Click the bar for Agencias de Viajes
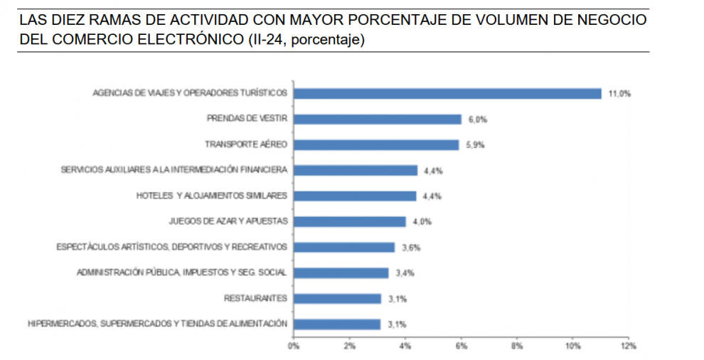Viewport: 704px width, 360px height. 447,93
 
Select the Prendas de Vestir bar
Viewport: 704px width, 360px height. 378,119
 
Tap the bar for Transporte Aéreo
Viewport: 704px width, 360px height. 376,144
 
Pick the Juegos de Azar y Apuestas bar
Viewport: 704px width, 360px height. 349,221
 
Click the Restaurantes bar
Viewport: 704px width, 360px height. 337,298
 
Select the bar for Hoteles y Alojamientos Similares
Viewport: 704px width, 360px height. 355,196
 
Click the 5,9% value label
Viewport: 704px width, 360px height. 474,144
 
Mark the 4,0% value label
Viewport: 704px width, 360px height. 420,221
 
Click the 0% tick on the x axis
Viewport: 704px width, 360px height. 293,346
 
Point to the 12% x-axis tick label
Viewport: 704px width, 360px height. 628,346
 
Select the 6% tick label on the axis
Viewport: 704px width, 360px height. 461,346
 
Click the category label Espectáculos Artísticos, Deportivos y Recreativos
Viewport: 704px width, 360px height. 171,247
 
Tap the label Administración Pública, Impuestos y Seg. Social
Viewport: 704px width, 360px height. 181,272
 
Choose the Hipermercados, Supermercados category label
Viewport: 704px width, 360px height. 157,324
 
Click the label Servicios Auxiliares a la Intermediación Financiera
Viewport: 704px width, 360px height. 174,170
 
